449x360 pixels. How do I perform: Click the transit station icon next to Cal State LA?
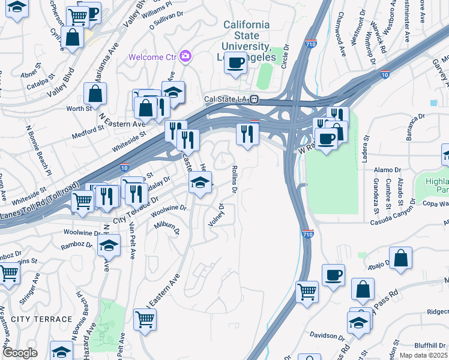pos(255,99)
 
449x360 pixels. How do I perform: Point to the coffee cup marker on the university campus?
pos(236,62)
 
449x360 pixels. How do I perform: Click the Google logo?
pos(20,353)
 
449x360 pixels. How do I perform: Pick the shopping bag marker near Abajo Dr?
pos(401,259)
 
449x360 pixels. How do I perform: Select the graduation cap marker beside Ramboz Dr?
pos(109,245)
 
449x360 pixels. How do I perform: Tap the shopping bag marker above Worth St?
pos(95,94)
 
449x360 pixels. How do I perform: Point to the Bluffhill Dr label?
pos(431,345)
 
